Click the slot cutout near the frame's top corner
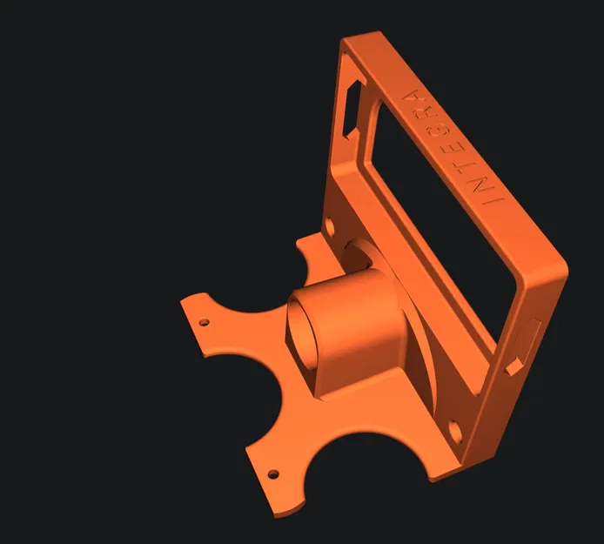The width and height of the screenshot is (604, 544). click(356, 107)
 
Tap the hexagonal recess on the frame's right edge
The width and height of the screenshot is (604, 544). click(526, 345)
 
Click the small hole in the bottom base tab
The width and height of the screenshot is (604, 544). click(273, 474)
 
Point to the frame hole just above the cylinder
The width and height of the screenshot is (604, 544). click(330, 229)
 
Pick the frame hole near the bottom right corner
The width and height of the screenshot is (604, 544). click(456, 428)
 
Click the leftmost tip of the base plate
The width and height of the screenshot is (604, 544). click(184, 301)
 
